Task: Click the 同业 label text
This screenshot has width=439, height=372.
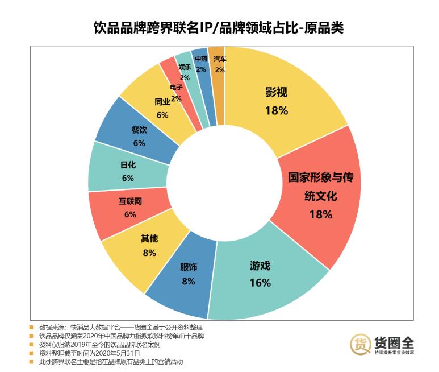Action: point(162,102)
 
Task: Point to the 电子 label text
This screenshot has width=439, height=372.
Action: point(176,88)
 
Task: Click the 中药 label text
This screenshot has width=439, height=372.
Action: point(201,59)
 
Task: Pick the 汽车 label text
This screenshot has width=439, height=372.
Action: point(220,59)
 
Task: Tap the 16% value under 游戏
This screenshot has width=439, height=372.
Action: point(260,283)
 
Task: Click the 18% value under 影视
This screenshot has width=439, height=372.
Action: point(276,110)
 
